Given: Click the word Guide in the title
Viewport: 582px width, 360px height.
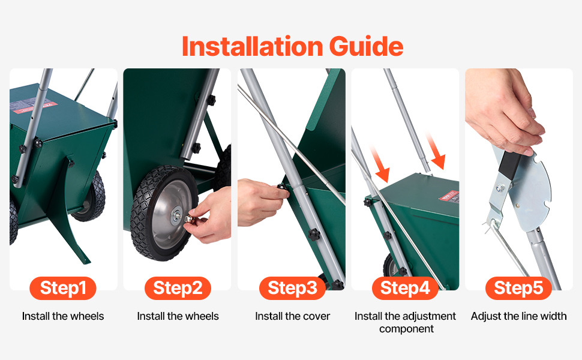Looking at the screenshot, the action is (366, 46).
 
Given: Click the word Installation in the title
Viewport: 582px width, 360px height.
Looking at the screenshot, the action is (253, 46).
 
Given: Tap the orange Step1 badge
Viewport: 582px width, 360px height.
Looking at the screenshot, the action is (63, 288).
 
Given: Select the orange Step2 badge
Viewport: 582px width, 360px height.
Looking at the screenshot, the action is (178, 288).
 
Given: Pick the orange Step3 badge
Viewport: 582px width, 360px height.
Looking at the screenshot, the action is (292, 288).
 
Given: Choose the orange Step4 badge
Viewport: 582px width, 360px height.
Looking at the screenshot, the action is (405, 288).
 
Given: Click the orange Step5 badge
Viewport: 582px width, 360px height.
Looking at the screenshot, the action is (518, 288).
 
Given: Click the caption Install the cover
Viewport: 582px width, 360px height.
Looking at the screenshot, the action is (292, 316).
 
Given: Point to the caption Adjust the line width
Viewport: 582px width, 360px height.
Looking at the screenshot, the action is (518, 316).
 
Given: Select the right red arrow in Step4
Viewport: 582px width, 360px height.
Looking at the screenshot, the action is (435, 151).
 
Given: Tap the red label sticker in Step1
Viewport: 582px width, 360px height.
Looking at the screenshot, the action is (35, 107).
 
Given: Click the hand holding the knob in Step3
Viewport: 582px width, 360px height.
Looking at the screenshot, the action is (260, 202).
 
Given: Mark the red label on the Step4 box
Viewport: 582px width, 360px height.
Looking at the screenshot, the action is (450, 196).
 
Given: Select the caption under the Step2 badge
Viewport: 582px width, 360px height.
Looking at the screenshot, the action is (178, 316).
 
